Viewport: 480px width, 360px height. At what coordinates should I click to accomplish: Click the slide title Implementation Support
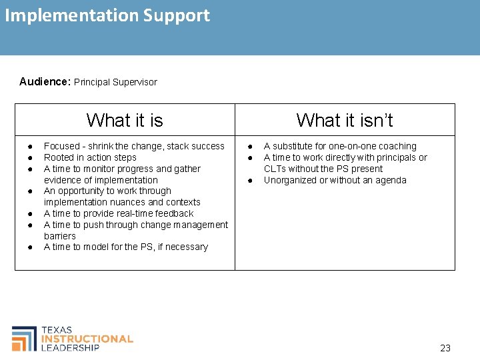pyautogui.click(x=107, y=15)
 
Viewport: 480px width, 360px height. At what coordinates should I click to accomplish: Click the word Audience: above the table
pyautogui.click(x=45, y=82)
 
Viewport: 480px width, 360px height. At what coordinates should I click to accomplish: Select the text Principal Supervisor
pyautogui.click(x=115, y=82)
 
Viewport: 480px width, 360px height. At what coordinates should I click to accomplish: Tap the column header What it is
pyautogui.click(x=125, y=120)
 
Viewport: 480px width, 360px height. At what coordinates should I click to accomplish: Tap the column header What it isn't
pyautogui.click(x=345, y=120)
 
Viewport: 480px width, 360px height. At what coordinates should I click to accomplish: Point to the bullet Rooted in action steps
pyautogui.click(x=90, y=157)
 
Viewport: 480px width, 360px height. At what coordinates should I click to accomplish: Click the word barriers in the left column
pyautogui.click(x=60, y=236)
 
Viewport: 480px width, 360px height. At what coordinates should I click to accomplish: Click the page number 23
pyautogui.click(x=445, y=347)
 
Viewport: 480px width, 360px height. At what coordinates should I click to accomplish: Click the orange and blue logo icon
pyautogui.click(x=25, y=338)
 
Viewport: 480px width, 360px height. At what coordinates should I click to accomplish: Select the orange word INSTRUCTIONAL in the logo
pyautogui.click(x=87, y=339)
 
